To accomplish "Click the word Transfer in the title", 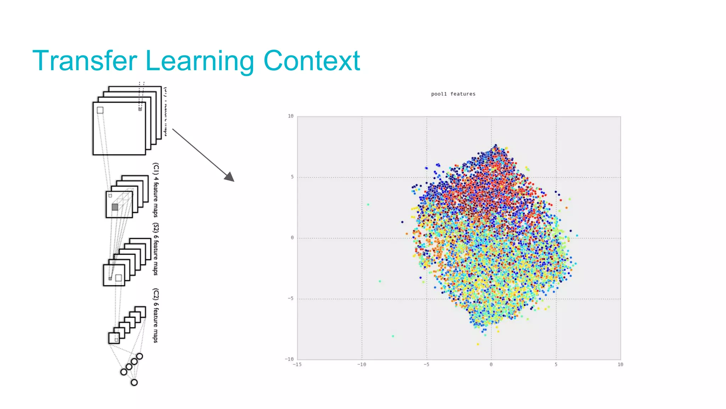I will click(84, 61).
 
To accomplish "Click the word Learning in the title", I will click(200, 61).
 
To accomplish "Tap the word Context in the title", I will click(312, 61).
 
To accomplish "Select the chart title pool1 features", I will click(453, 94).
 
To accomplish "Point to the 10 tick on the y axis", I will click(291, 116).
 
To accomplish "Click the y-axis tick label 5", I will click(292, 177).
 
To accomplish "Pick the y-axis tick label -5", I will click(291, 299).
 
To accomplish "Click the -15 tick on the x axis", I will click(297, 365).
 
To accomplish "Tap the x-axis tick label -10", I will click(362, 365).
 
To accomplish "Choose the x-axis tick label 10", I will click(620, 365).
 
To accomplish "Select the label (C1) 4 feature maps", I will click(156, 190).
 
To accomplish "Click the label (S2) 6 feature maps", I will click(156, 249).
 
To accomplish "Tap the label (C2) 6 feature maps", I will click(156, 315).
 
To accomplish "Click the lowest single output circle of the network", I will click(134, 382).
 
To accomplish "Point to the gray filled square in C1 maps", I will click(115, 207).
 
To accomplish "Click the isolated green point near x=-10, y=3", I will click(368, 204).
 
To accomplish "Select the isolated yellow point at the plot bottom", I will click(478, 344).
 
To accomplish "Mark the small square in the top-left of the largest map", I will click(100, 110).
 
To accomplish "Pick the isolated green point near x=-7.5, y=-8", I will click(393, 336).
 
